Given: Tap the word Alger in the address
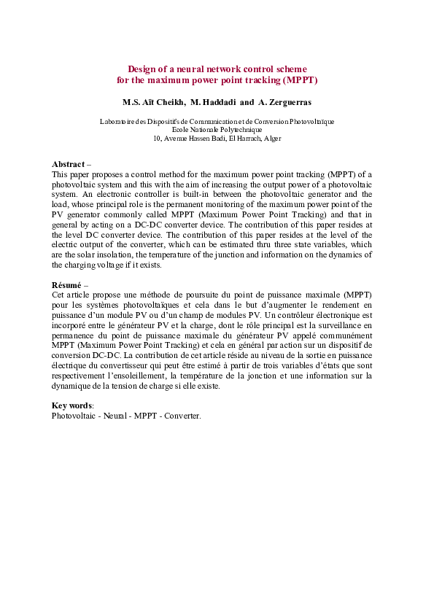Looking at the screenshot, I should (x=273, y=138).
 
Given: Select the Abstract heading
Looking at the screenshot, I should (x=68, y=165).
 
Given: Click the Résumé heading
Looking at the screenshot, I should (x=66, y=284).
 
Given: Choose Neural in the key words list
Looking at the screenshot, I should (x=106, y=415).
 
